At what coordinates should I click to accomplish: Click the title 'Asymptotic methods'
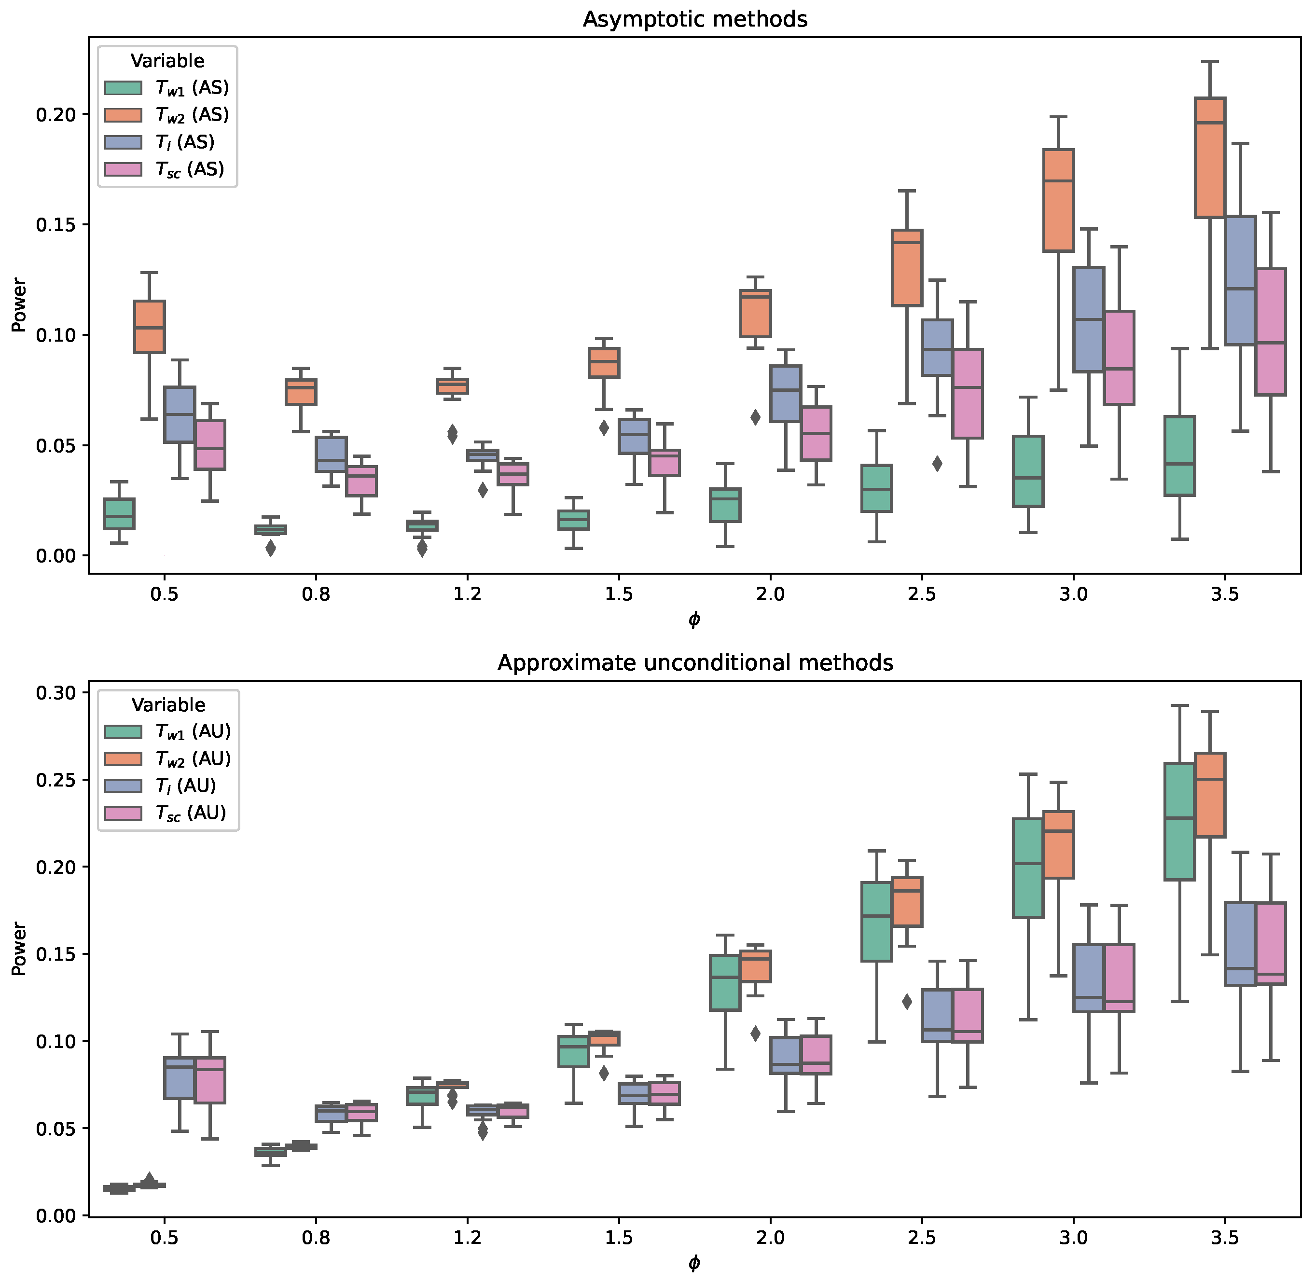[x=694, y=19]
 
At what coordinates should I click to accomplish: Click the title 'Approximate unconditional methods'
[x=694, y=663]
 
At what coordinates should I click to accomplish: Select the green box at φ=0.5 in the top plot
[x=119, y=514]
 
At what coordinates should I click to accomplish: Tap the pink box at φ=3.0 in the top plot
[x=1119, y=358]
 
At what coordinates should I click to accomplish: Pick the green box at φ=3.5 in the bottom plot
[x=1179, y=821]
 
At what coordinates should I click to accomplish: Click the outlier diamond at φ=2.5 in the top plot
[x=937, y=463]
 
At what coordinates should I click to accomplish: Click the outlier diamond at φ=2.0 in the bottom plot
[x=756, y=1033]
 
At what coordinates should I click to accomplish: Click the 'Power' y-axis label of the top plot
[x=18, y=305]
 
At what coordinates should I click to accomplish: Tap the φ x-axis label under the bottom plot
[x=694, y=1263]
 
